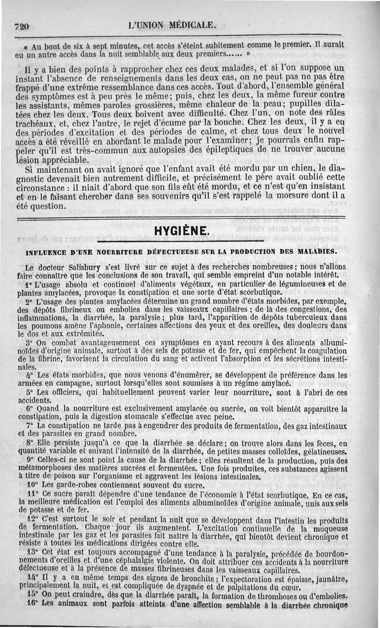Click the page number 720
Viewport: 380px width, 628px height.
[22, 27]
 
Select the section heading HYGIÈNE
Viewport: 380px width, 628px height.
[181, 231]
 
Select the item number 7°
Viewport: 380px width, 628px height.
[30, 425]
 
